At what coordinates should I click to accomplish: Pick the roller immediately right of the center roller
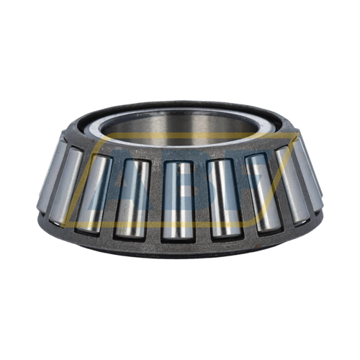click(x=221, y=197)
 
